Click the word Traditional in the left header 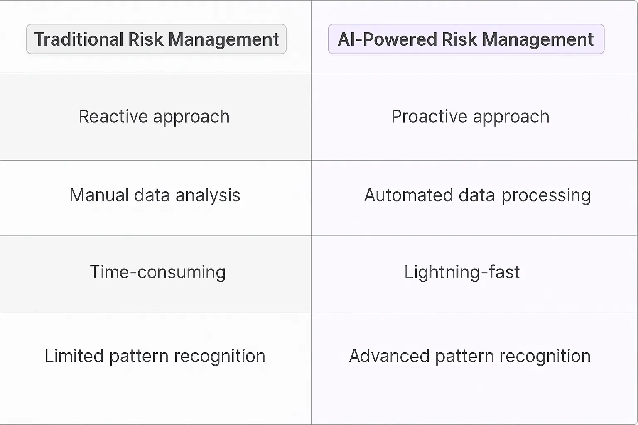[x=79, y=39]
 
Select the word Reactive [x=113, y=117]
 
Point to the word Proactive [x=429, y=117]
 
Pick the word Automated [x=408, y=195]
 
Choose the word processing [x=546, y=195]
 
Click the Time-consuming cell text [x=157, y=272]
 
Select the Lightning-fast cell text [x=462, y=272]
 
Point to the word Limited [x=74, y=356]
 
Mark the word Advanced [x=389, y=356]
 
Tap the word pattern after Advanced [x=464, y=356]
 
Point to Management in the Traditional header [x=223, y=39]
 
